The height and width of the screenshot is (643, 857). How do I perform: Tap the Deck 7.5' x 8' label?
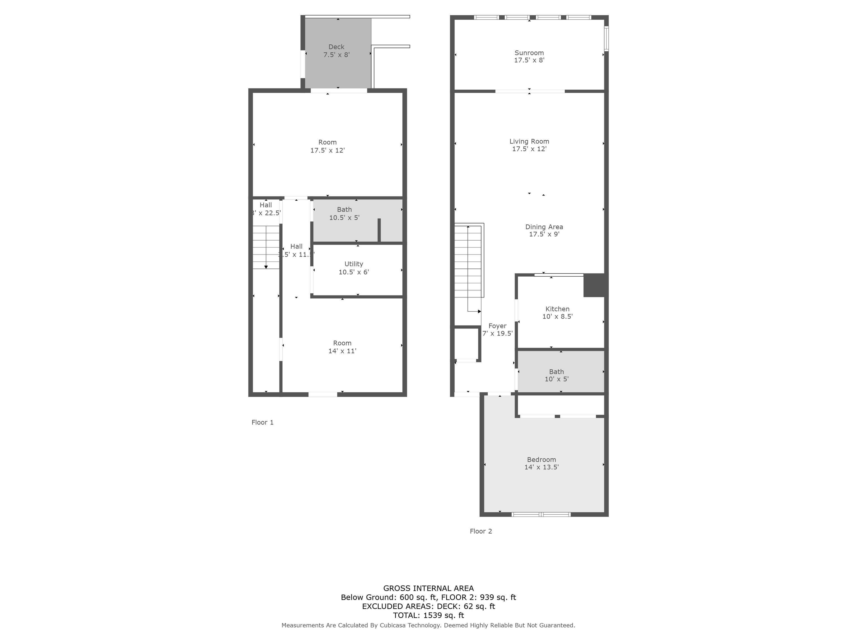(x=336, y=51)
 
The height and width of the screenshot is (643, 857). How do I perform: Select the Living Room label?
(x=529, y=145)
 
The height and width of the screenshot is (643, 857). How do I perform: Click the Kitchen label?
(x=557, y=312)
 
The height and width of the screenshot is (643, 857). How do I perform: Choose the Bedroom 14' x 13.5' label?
(x=541, y=463)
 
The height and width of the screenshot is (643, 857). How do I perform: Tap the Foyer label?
(x=497, y=329)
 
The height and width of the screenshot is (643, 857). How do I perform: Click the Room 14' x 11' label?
(x=342, y=347)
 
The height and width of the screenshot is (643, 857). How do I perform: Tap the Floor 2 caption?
(x=480, y=531)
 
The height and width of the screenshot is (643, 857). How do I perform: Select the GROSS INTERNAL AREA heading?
(x=428, y=588)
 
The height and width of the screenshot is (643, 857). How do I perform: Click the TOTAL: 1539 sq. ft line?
(x=428, y=615)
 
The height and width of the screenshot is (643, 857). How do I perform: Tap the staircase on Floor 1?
(x=266, y=247)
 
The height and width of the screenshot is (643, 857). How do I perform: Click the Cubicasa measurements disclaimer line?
(x=428, y=625)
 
